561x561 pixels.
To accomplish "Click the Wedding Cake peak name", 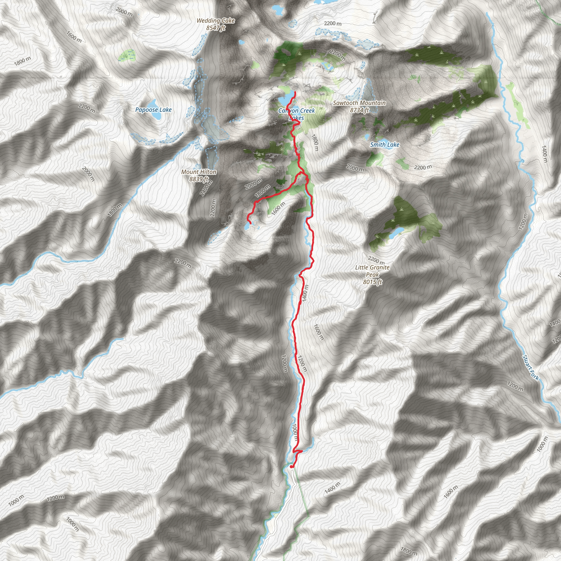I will point(216,21).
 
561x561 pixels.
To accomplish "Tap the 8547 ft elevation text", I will point(216,28).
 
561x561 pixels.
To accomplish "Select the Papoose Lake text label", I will point(153,110).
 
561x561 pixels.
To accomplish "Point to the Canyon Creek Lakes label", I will point(296,114).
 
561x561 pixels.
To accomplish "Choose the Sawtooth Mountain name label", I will point(359,103).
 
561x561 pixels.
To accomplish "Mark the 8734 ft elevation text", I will point(359,110).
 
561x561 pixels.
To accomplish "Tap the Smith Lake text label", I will point(385,145).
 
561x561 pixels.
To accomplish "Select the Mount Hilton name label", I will point(199,172).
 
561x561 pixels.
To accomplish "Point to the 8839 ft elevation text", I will point(199,179).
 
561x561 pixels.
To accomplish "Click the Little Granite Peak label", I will point(372,271).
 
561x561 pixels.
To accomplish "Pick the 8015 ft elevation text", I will point(372,282).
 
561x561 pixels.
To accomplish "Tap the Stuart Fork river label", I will point(531,367).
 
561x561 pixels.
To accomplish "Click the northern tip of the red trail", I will point(295,92).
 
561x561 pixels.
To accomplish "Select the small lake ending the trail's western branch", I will point(247,226).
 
